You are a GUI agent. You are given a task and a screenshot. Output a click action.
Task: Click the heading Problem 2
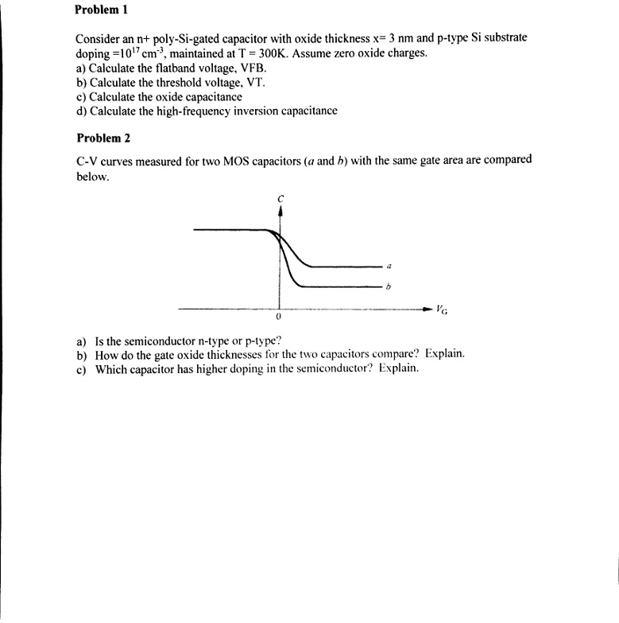click(103, 138)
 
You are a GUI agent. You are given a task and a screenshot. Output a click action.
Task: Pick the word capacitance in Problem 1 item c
click(209, 96)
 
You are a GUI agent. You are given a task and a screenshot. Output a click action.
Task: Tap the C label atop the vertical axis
click(280, 197)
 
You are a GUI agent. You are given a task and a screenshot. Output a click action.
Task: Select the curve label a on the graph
click(389, 265)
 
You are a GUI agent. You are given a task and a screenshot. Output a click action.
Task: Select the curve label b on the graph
click(389, 286)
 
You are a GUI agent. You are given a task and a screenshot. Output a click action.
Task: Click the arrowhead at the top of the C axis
click(280, 211)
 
